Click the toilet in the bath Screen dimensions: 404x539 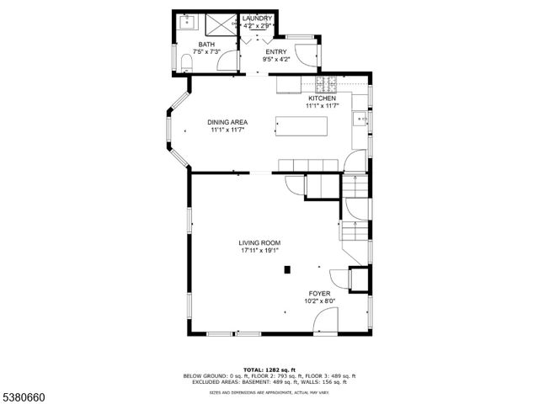(x=185, y=61)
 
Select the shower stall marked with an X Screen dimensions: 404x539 (x=221, y=24)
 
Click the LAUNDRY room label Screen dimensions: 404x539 (x=256, y=19)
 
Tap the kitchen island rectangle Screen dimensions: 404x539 (x=300, y=126)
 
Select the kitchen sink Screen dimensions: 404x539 (x=361, y=119)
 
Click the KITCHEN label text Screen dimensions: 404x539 (x=321, y=98)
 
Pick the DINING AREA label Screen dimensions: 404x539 (x=227, y=123)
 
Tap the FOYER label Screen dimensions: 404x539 (x=319, y=293)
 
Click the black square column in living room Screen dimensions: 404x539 (x=287, y=269)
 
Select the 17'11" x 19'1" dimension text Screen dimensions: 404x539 (x=259, y=250)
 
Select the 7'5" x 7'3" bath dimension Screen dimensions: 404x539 (x=206, y=52)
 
